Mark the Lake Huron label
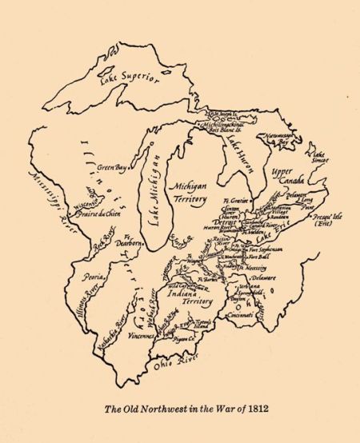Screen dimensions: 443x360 pos(238,149)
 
